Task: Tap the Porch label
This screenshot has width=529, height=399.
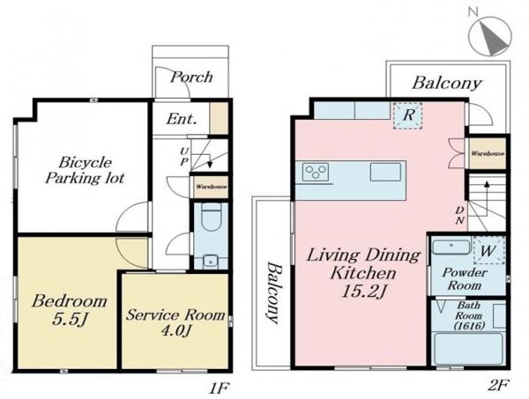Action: (191, 78)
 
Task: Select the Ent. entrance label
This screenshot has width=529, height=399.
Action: (182, 119)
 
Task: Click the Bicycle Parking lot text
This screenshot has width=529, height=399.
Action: (85, 170)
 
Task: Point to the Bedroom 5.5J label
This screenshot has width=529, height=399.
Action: (69, 310)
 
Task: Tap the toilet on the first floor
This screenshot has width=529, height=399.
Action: (212, 217)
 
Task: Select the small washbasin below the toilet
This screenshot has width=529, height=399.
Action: (212, 262)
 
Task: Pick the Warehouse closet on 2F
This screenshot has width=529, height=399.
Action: (488, 153)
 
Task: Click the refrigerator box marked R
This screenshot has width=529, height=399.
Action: (408, 115)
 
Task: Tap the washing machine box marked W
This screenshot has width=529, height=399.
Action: (488, 250)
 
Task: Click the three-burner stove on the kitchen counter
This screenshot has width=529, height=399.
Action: (316, 172)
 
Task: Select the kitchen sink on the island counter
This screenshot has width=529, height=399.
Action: (385, 172)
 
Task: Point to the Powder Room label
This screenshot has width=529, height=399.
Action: (465, 279)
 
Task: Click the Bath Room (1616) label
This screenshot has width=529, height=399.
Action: (469, 315)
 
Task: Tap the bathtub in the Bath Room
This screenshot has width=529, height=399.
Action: (469, 349)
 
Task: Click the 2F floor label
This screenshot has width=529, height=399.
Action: (498, 385)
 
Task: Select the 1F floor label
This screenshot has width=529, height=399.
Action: (219, 389)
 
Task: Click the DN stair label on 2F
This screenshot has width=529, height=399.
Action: (460, 215)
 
